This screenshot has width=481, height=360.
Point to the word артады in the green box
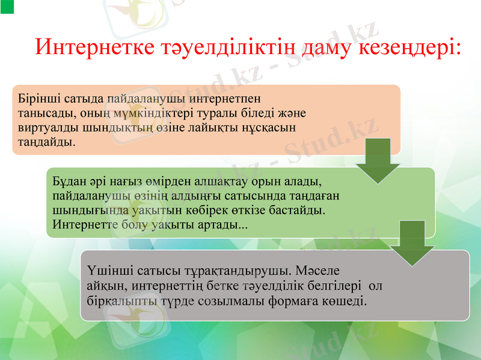[222, 225]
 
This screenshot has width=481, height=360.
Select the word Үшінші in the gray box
[106, 269]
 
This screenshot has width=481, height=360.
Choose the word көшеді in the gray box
[345, 299]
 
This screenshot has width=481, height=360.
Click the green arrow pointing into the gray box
[412, 243]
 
